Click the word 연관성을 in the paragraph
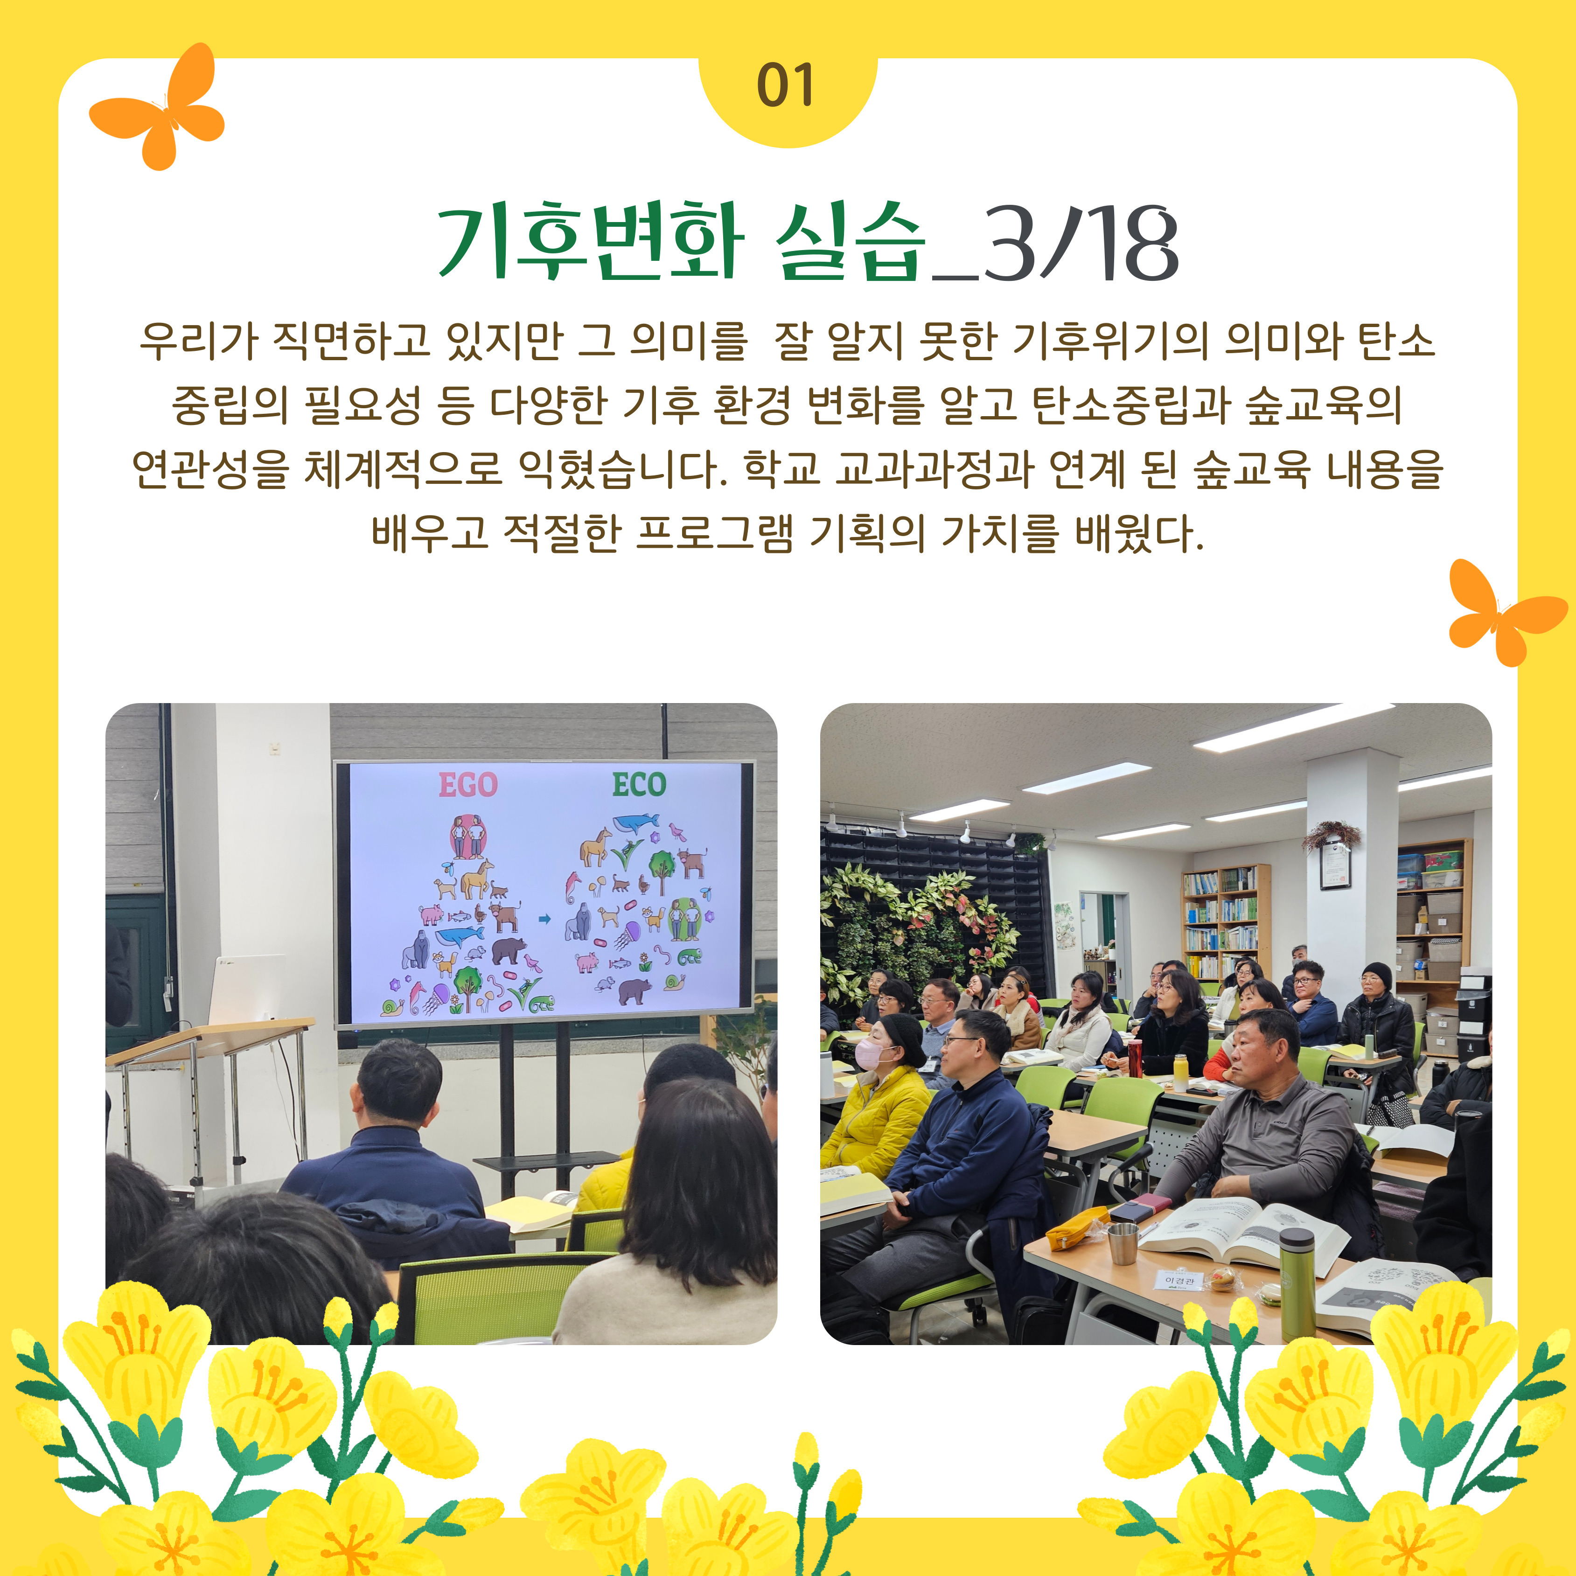tap(210, 469)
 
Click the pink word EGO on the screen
tap(468, 785)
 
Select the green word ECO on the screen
tap(640, 785)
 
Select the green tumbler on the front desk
tap(1297, 1285)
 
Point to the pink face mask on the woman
tap(872, 1054)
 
